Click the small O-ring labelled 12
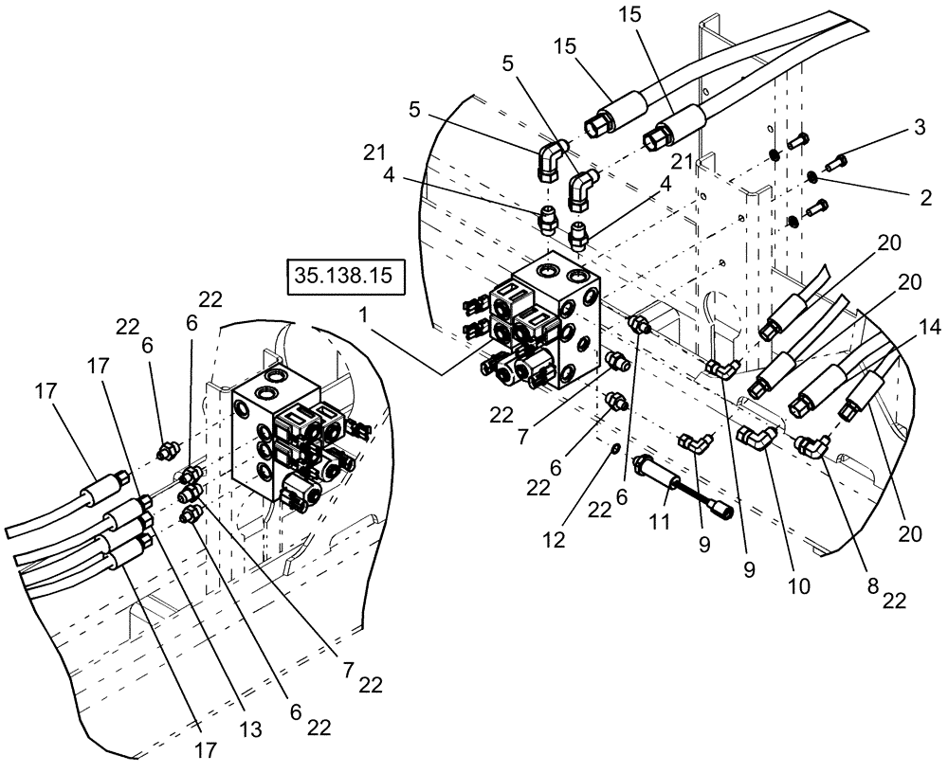615,447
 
